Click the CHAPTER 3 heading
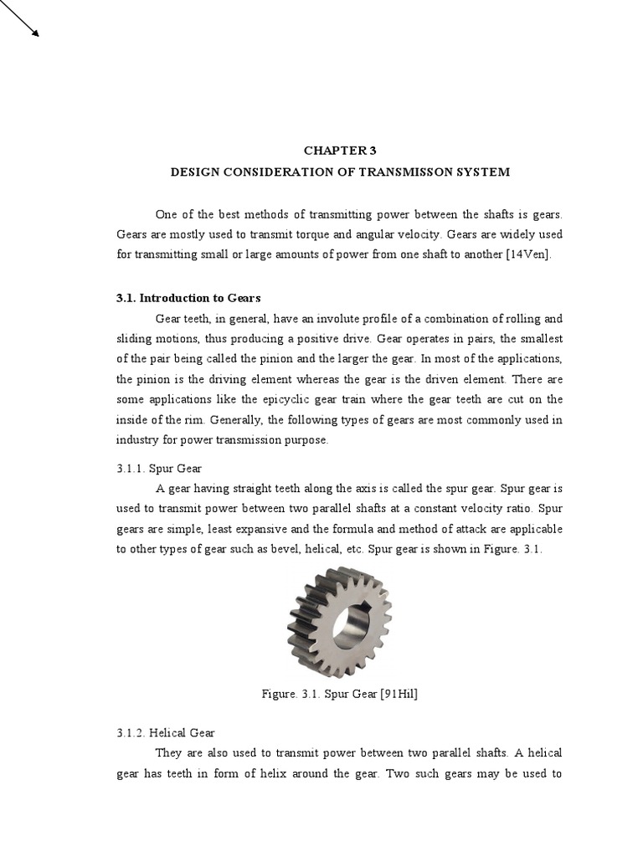click(339, 151)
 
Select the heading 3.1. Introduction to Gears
click(188, 297)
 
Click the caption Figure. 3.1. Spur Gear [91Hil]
click(339, 694)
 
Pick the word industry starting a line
click(138, 439)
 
